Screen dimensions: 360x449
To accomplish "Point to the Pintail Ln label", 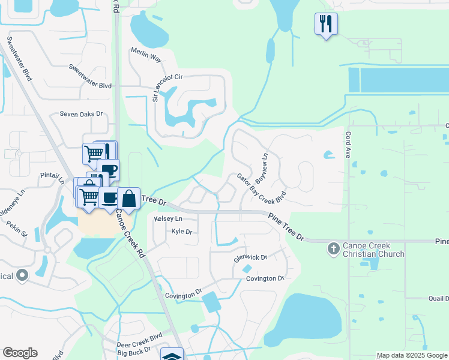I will (x=53, y=179).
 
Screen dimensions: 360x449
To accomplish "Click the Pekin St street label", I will (x=17, y=228).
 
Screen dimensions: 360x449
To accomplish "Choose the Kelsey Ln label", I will (x=167, y=219).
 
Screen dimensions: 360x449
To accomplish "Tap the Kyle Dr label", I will (x=181, y=231).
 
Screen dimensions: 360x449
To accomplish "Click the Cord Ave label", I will (x=348, y=145).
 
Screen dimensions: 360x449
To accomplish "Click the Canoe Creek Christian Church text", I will (x=373, y=250).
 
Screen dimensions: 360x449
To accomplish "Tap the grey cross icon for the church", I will (x=334, y=247).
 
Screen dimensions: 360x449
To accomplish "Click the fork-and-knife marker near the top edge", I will (x=326, y=25).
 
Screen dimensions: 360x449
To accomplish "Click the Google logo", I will (x=20, y=353).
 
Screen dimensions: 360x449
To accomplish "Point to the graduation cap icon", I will (x=172, y=355).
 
